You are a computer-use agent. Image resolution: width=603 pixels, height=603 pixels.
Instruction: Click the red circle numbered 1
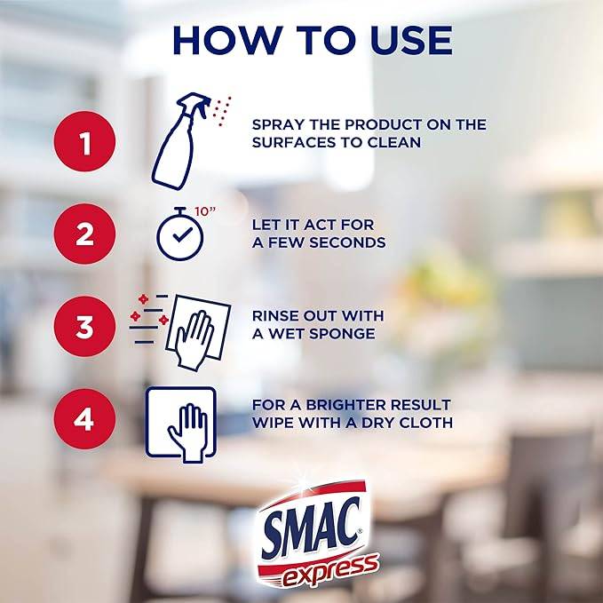point(84,141)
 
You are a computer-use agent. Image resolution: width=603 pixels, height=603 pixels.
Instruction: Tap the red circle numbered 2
point(84,234)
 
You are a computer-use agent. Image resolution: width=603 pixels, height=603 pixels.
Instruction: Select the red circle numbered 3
point(84,327)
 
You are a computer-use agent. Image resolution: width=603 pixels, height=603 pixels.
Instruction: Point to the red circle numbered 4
point(84,419)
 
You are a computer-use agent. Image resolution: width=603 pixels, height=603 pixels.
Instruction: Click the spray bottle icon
point(181,141)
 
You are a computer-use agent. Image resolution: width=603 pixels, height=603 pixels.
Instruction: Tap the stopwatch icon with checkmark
point(180,234)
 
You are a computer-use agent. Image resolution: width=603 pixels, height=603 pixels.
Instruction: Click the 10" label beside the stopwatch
point(204,211)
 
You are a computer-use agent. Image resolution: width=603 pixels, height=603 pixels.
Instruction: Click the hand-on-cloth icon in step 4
point(181,424)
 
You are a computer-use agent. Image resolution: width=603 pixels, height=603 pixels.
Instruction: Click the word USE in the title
point(412,40)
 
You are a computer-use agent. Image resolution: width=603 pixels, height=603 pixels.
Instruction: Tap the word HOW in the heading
point(227,40)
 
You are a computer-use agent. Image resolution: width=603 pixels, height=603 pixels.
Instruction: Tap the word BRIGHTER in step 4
point(345,405)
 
